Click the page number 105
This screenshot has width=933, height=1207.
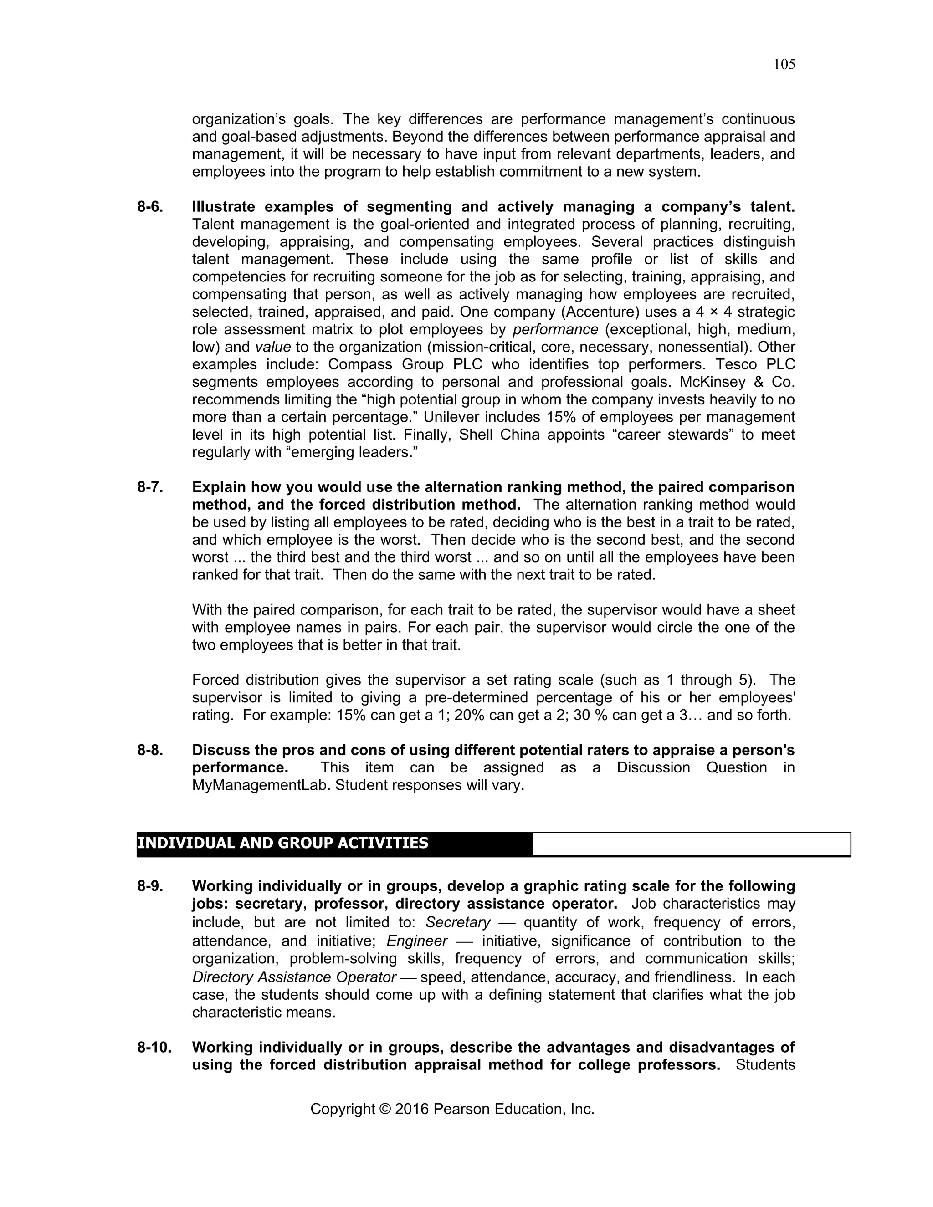click(784, 65)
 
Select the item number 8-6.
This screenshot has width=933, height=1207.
click(150, 207)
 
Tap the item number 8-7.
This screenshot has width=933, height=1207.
click(150, 487)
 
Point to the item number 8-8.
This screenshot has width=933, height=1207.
click(150, 751)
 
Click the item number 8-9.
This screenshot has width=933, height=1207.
click(150, 886)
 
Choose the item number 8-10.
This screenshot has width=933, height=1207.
click(154, 1048)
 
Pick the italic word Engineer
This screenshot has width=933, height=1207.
click(417, 941)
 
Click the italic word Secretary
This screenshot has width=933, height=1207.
click(458, 923)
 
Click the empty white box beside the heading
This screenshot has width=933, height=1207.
click(691, 844)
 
